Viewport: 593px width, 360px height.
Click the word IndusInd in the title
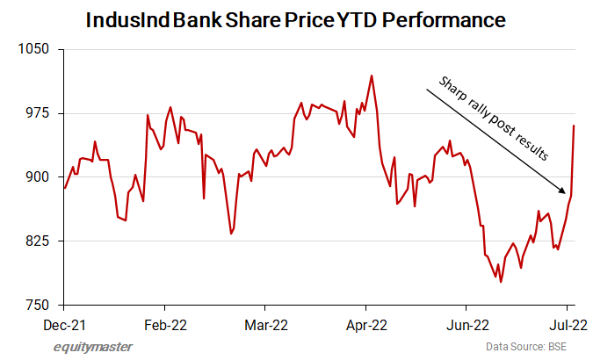122,19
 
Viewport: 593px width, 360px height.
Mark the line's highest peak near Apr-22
372,76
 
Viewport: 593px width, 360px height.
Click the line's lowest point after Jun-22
501,282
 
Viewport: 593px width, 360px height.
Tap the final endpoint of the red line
574,126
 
